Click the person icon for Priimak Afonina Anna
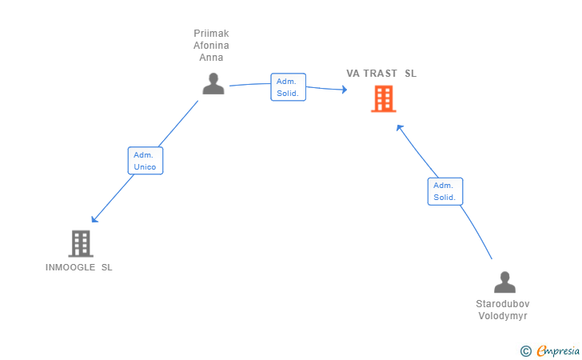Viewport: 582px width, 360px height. (x=213, y=83)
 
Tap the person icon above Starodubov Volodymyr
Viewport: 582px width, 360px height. (x=504, y=282)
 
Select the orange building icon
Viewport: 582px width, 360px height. (x=384, y=99)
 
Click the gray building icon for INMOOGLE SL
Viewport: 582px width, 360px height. (x=81, y=244)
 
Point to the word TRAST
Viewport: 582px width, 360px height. (x=380, y=74)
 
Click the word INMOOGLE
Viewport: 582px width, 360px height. (x=70, y=267)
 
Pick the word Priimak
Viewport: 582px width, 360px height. (x=211, y=34)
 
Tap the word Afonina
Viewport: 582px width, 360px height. (x=211, y=46)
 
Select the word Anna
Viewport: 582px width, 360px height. (x=211, y=58)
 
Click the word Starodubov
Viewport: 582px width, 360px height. (x=503, y=304)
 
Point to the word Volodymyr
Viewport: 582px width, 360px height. (x=503, y=316)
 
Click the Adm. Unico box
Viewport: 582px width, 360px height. (x=145, y=161)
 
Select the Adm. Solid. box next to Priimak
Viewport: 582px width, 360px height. (x=289, y=87)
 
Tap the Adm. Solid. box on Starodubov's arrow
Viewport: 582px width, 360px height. (x=445, y=191)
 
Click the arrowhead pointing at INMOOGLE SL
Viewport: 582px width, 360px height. (x=94, y=219)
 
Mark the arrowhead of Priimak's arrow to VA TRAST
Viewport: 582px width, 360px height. (x=345, y=89)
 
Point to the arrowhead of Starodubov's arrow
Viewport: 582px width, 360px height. (x=400, y=128)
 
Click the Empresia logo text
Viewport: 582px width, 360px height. (x=558, y=350)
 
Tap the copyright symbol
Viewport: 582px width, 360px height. (x=525, y=351)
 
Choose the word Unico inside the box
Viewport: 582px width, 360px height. (x=145, y=167)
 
